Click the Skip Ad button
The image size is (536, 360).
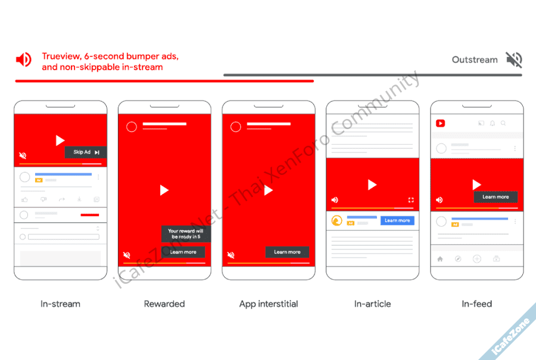[x=85, y=152]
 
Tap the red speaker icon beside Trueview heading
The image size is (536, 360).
[x=24, y=60]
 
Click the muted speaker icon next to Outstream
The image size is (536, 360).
[x=514, y=60]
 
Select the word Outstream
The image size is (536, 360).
[x=475, y=60]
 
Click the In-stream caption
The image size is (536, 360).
[x=61, y=303]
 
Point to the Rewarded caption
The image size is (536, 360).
[x=164, y=303]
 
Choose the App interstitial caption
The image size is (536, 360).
[x=269, y=304]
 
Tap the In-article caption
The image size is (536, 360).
[x=373, y=303]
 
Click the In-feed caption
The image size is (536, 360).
[x=477, y=303]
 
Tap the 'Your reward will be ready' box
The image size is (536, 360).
[x=186, y=234]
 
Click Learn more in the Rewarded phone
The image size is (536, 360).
[x=183, y=252]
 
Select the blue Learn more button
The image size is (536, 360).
[x=397, y=221]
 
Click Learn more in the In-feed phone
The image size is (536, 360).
[x=496, y=197]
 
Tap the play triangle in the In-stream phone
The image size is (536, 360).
[x=60, y=140]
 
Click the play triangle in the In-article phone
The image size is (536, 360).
[x=372, y=185]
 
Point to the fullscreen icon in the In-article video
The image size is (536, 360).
[x=411, y=200]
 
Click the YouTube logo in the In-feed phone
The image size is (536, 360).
[x=440, y=123]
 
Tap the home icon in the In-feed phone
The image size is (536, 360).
[x=440, y=259]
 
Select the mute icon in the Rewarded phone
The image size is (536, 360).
[x=126, y=255]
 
